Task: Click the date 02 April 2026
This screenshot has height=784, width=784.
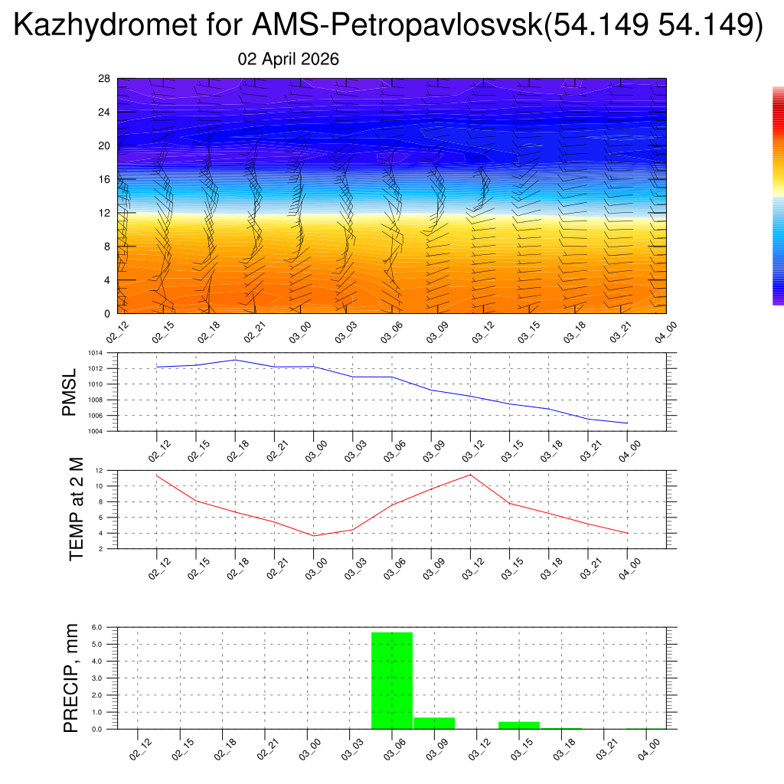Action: [289, 60]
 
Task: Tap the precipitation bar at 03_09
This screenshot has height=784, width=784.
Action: [434, 723]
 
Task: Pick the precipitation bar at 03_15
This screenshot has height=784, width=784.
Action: [519, 725]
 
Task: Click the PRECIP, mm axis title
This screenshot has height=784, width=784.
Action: [71, 677]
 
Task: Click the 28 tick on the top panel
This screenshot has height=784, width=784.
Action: [104, 79]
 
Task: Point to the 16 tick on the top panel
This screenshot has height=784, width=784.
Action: [104, 179]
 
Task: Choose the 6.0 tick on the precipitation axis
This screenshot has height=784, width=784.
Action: [97, 627]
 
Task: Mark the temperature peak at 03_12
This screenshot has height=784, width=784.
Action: [470, 475]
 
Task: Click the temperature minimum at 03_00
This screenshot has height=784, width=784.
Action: [313, 536]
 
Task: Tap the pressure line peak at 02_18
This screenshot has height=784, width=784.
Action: [235, 360]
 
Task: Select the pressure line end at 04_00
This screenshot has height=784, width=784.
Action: [627, 423]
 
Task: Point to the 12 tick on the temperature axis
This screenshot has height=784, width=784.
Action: [99, 470]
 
